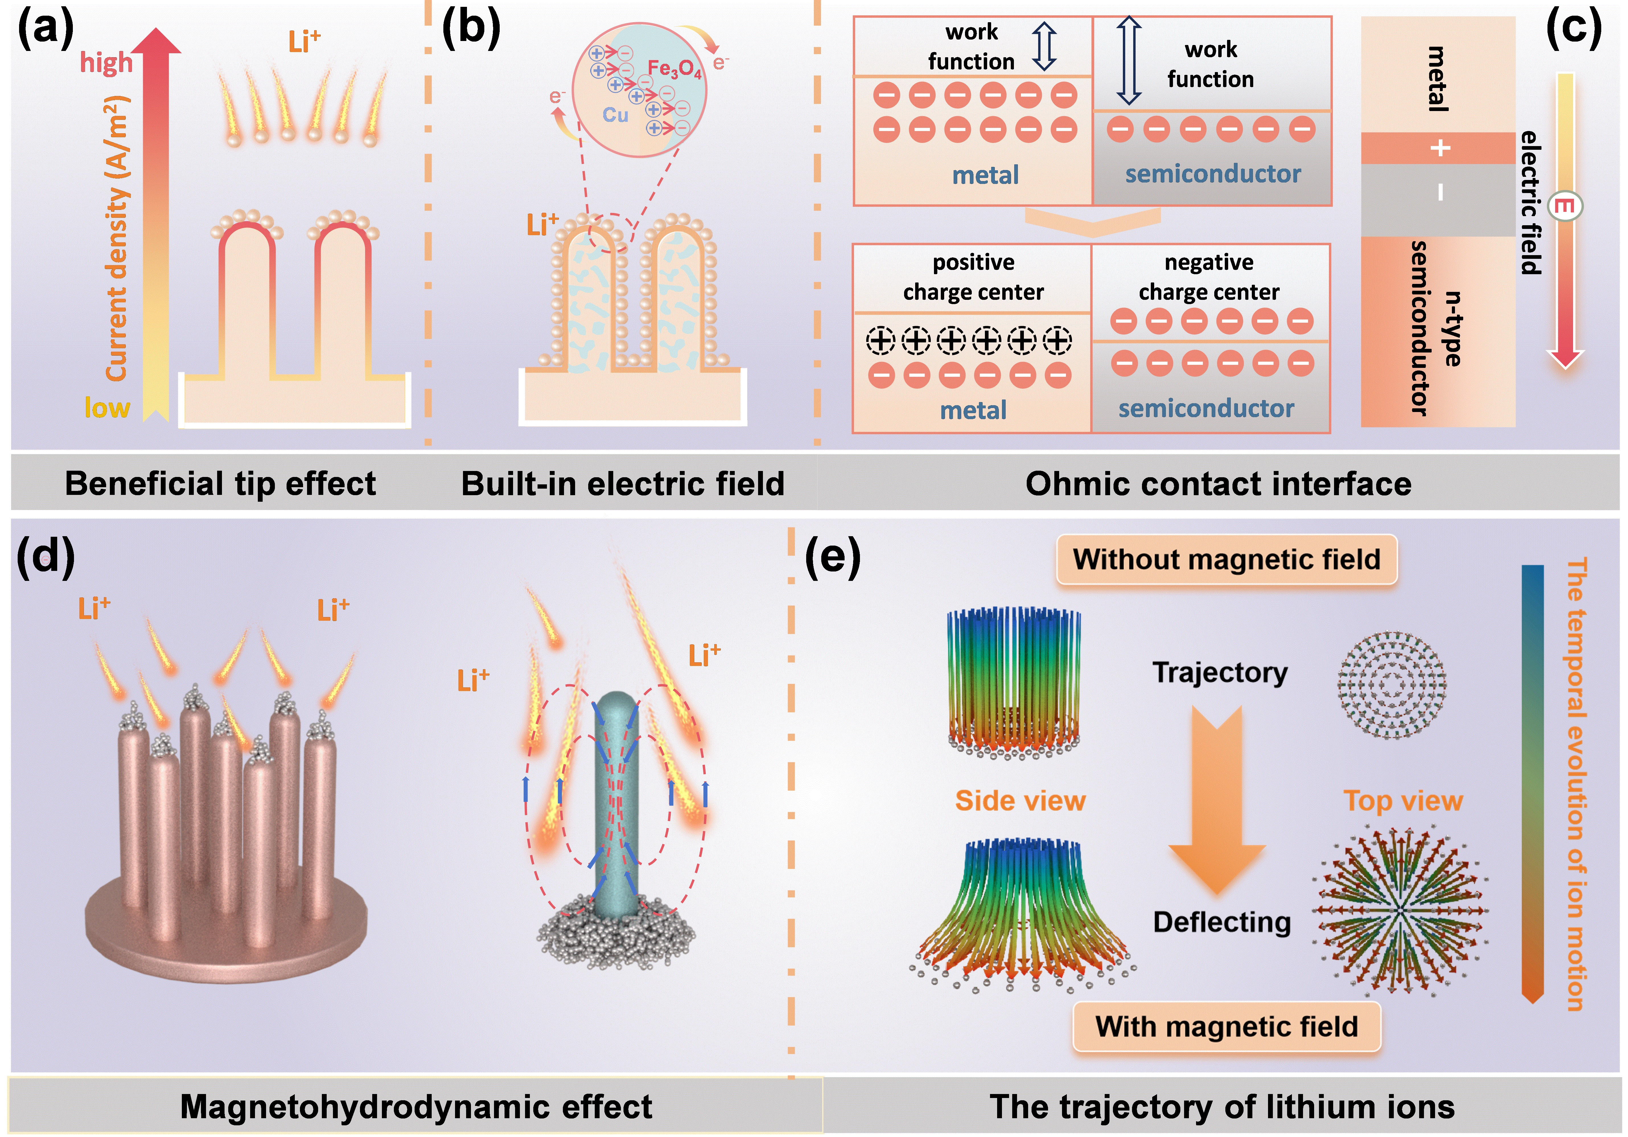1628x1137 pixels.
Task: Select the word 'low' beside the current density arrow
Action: point(107,408)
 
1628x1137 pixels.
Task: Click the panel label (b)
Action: point(471,30)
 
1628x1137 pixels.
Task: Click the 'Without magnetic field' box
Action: point(1227,560)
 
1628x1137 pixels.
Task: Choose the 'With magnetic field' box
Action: point(1227,1026)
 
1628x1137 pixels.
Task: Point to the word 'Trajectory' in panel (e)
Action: point(1220,672)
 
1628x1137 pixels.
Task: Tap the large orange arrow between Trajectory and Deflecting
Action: point(1217,802)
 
